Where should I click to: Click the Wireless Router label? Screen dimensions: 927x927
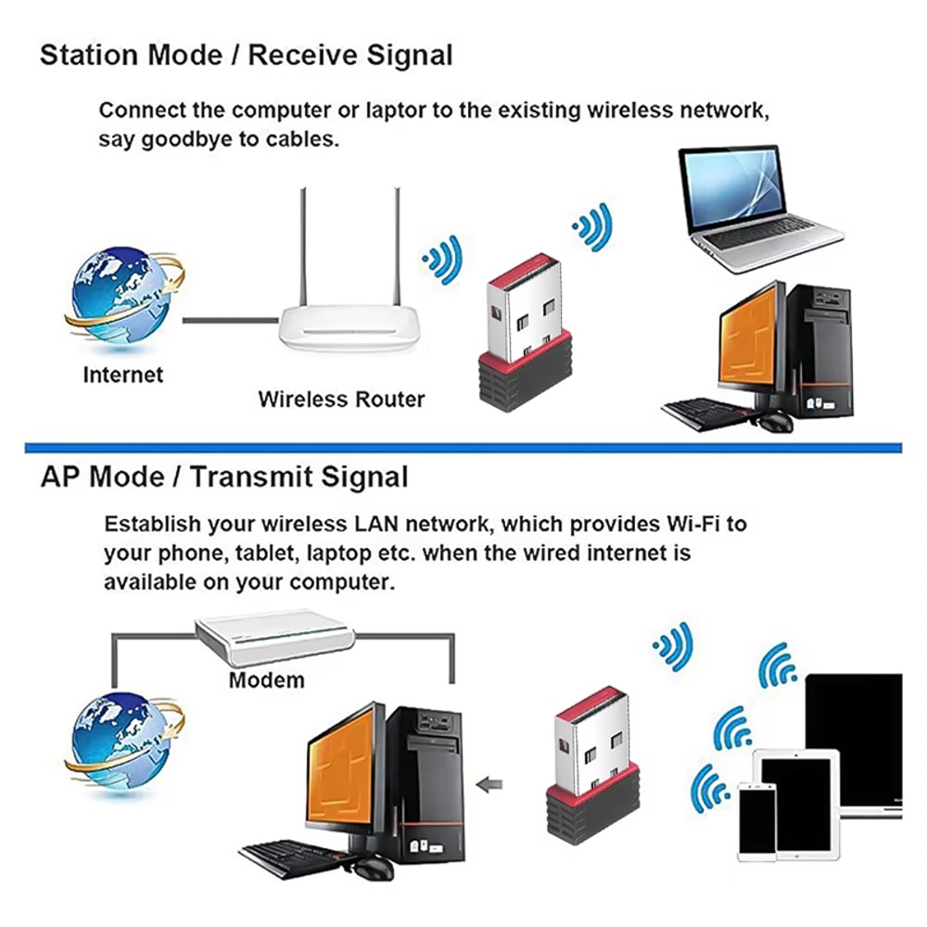(341, 400)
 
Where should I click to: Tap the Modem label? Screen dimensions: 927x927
(266, 679)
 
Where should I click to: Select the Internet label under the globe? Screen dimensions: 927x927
(122, 375)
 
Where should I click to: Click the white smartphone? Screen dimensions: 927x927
(756, 819)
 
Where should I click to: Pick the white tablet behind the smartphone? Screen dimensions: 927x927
(798, 797)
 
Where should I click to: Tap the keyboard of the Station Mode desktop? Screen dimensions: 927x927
(705, 411)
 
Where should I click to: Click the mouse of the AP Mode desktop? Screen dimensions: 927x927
(371, 868)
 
